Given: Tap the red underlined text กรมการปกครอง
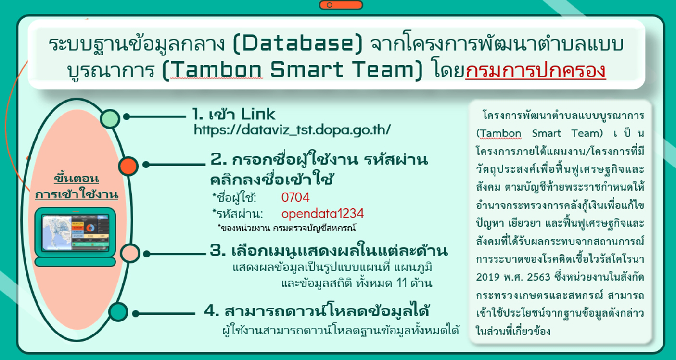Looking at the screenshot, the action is [536, 70].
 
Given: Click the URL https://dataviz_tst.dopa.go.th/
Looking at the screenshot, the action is [292, 130].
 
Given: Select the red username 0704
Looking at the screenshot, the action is [295, 197].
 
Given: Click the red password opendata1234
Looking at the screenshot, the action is [323, 214].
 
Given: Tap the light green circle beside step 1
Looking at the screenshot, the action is [110, 118].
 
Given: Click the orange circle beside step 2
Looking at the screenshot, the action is [128, 166].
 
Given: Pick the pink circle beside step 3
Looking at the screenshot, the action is [130, 253].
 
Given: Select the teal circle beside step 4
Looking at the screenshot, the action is [118, 312].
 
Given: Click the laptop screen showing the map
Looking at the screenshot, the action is [76, 232].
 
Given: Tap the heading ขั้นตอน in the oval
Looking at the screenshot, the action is [77, 178].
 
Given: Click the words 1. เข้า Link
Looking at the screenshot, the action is [234, 115].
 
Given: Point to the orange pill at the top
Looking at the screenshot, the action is [341, 5].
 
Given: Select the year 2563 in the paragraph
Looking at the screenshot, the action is [539, 277].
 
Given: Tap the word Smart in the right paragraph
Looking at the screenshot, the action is [546, 133].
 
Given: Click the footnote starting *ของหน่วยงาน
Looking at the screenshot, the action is [286, 228].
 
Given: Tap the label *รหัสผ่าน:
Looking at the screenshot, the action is [238, 214].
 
